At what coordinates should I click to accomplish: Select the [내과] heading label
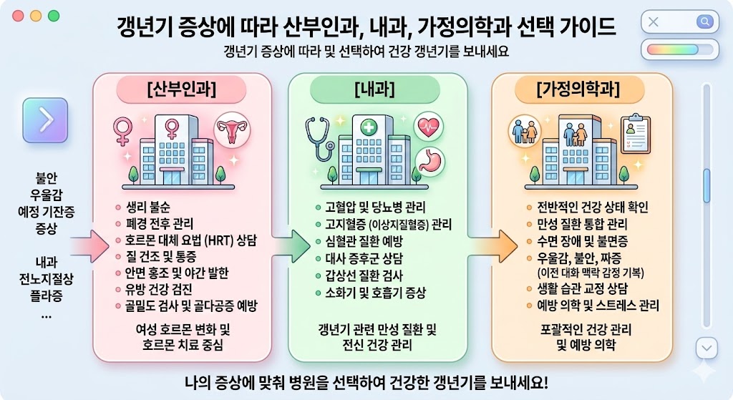(x=377, y=91)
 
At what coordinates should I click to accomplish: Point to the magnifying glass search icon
(x=704, y=21)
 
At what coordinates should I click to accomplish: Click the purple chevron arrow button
(x=45, y=120)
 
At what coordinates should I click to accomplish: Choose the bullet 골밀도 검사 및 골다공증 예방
(x=191, y=306)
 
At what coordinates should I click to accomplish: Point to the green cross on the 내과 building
(x=369, y=128)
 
